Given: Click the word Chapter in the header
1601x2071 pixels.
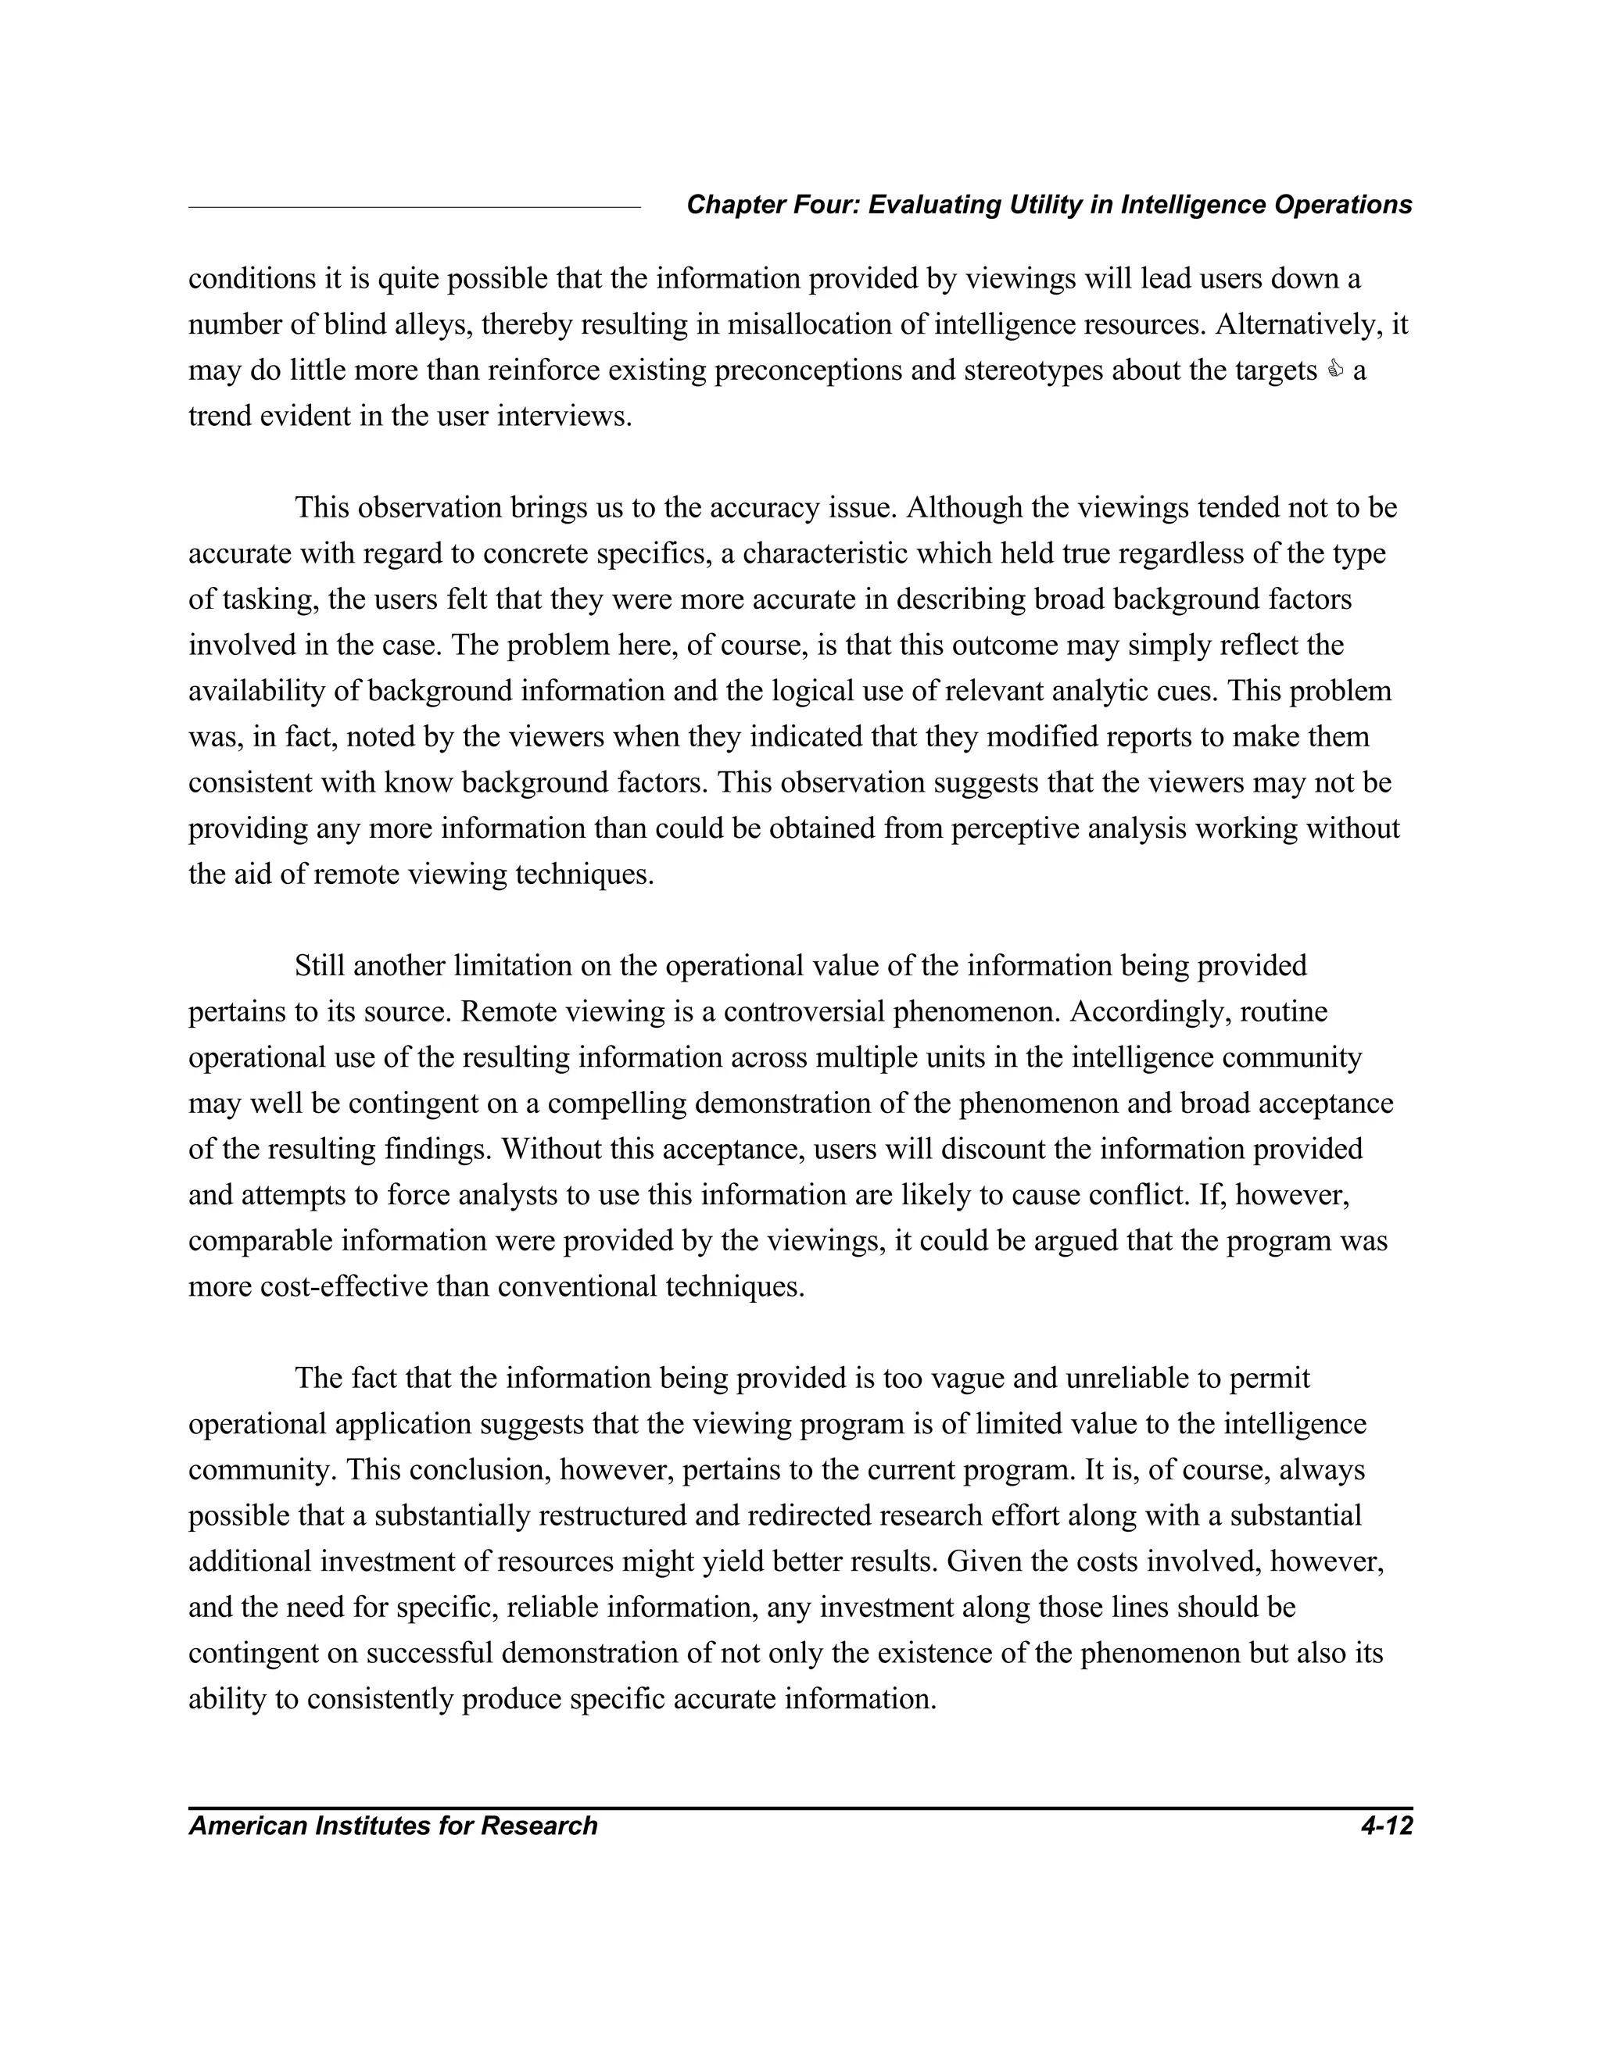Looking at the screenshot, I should [725, 205].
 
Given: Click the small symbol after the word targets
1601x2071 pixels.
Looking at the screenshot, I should [1335, 370].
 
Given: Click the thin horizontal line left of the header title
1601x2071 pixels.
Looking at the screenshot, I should [414, 207].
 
